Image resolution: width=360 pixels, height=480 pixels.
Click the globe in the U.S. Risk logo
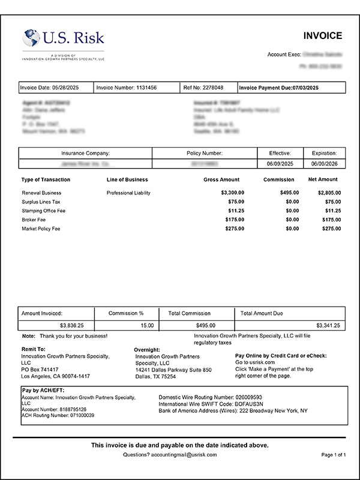pyautogui.click(x=31, y=39)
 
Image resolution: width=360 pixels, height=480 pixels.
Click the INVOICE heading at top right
pyautogui.click(x=322, y=36)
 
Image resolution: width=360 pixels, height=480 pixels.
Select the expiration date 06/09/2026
pyautogui.click(x=325, y=163)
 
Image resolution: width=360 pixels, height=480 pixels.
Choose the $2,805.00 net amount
pyautogui.click(x=329, y=193)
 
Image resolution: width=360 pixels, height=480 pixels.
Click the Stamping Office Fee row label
pyautogui.click(x=44, y=211)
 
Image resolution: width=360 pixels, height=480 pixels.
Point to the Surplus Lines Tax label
pyautogui.click(x=41, y=202)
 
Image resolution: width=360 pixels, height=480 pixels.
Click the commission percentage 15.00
pyautogui.click(x=147, y=325)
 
